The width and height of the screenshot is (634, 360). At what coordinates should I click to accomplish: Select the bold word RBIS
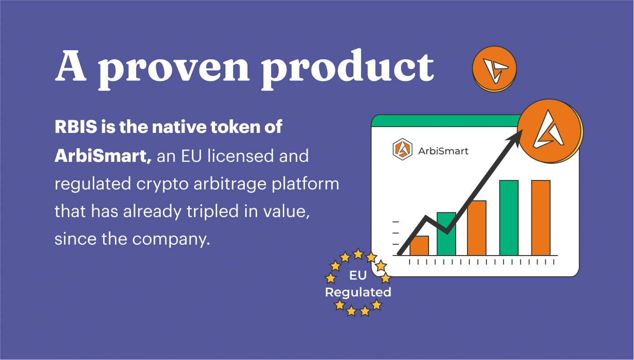click(76, 127)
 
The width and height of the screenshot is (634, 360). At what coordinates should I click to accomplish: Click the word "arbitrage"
click(230, 184)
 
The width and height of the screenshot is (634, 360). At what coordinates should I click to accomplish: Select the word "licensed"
click(241, 156)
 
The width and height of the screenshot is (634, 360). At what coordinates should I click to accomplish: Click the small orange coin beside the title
click(495, 69)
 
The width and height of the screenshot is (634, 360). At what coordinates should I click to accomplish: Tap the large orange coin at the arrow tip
click(550, 131)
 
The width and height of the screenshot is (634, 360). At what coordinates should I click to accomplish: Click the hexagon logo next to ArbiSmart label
click(402, 149)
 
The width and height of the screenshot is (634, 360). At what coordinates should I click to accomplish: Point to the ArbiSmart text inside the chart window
click(443, 151)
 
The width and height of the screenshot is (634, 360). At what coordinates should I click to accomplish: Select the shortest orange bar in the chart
click(419, 246)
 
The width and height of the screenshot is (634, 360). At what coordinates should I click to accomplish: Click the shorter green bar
click(446, 234)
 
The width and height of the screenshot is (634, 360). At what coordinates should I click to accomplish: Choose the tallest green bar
click(509, 218)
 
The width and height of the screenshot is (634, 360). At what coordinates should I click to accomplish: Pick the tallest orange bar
click(541, 218)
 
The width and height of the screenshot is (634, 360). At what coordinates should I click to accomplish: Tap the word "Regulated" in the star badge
click(358, 293)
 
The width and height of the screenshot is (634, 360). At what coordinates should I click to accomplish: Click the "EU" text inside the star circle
click(358, 275)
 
